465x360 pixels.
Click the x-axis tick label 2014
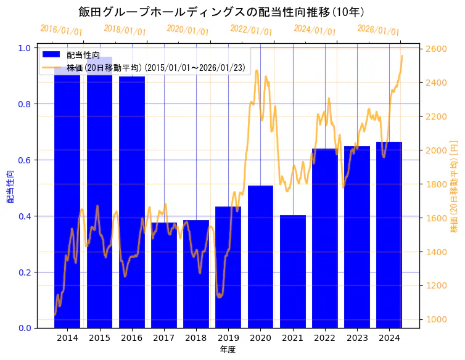tap(67, 338)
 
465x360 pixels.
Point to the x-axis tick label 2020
tap(260, 338)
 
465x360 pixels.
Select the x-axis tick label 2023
tap(357, 338)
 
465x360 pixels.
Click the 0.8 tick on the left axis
tap(27, 104)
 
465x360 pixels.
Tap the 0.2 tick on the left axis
tap(27, 272)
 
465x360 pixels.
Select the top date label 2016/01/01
tap(61, 30)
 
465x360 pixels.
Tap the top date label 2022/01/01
tap(251, 30)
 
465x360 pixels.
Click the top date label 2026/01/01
tap(378, 30)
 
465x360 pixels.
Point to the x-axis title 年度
tap(228, 350)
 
